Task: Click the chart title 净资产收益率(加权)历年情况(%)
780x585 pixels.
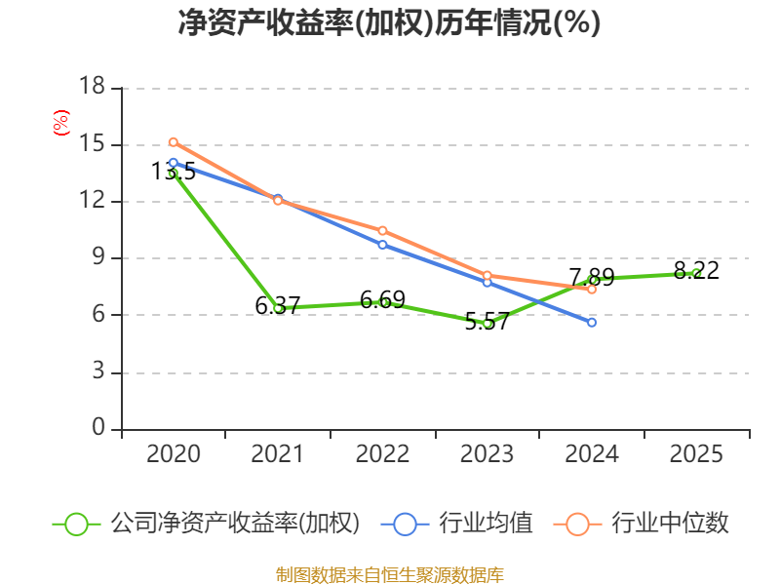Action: coord(389,23)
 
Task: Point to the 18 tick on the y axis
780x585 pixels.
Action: coord(92,88)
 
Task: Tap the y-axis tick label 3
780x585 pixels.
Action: coord(98,372)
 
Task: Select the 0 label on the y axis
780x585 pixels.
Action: coord(98,429)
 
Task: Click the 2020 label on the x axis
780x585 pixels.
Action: coord(174,454)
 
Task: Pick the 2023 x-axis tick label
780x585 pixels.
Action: coord(487,454)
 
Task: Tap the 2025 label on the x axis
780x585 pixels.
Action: coord(696,454)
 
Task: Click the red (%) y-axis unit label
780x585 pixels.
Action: coord(60,123)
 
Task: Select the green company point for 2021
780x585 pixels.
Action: coord(278,308)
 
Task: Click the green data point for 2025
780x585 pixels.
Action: coord(696,273)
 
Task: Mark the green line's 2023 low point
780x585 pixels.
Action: coord(487,323)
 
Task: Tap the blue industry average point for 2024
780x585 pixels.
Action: coord(592,322)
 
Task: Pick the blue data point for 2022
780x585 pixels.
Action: coord(382,245)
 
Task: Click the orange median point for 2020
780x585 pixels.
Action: coord(174,142)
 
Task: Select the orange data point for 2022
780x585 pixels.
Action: coord(382,230)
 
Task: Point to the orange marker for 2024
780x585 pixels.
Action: coord(592,290)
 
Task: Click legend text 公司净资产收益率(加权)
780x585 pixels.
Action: coord(234,524)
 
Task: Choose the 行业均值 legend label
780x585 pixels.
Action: coord(486,524)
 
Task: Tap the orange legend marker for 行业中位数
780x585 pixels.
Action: coord(577,524)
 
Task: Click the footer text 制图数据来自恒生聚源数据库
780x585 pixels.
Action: coord(389,574)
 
